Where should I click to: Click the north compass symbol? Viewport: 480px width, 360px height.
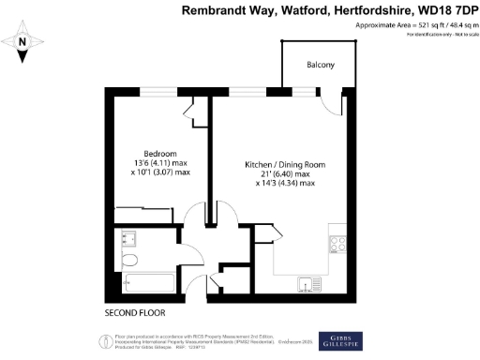pos(25,42)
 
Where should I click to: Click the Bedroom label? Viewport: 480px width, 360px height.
pos(155,153)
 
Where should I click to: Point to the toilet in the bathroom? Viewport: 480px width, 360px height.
pos(130,260)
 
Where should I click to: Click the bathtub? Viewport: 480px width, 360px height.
pos(148,283)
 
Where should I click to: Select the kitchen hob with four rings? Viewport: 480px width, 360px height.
pos(337,245)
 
